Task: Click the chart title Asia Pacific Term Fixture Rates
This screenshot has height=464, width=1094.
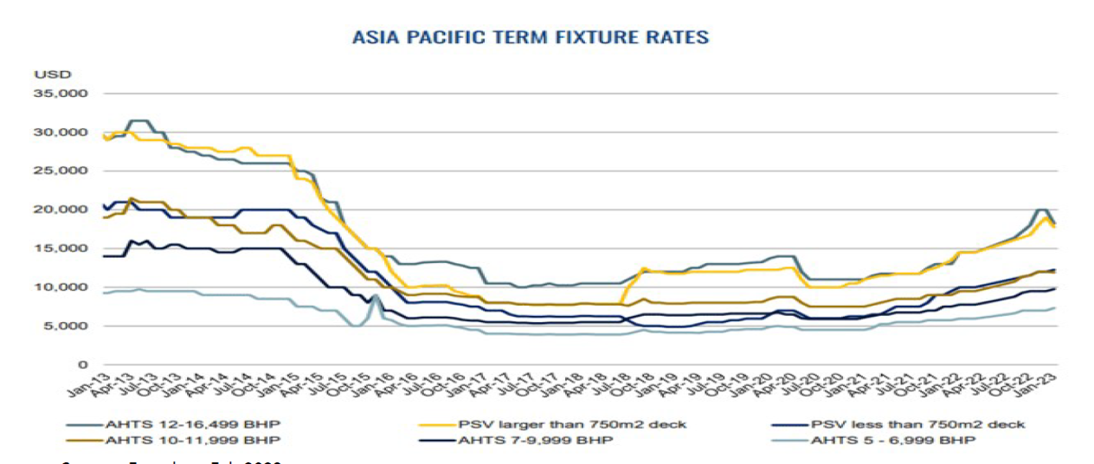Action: pyautogui.click(x=531, y=37)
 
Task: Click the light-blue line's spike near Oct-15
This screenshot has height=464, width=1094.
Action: pyautogui.click(x=375, y=296)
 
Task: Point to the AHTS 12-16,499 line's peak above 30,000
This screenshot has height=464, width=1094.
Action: pyautogui.click(x=138, y=121)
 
